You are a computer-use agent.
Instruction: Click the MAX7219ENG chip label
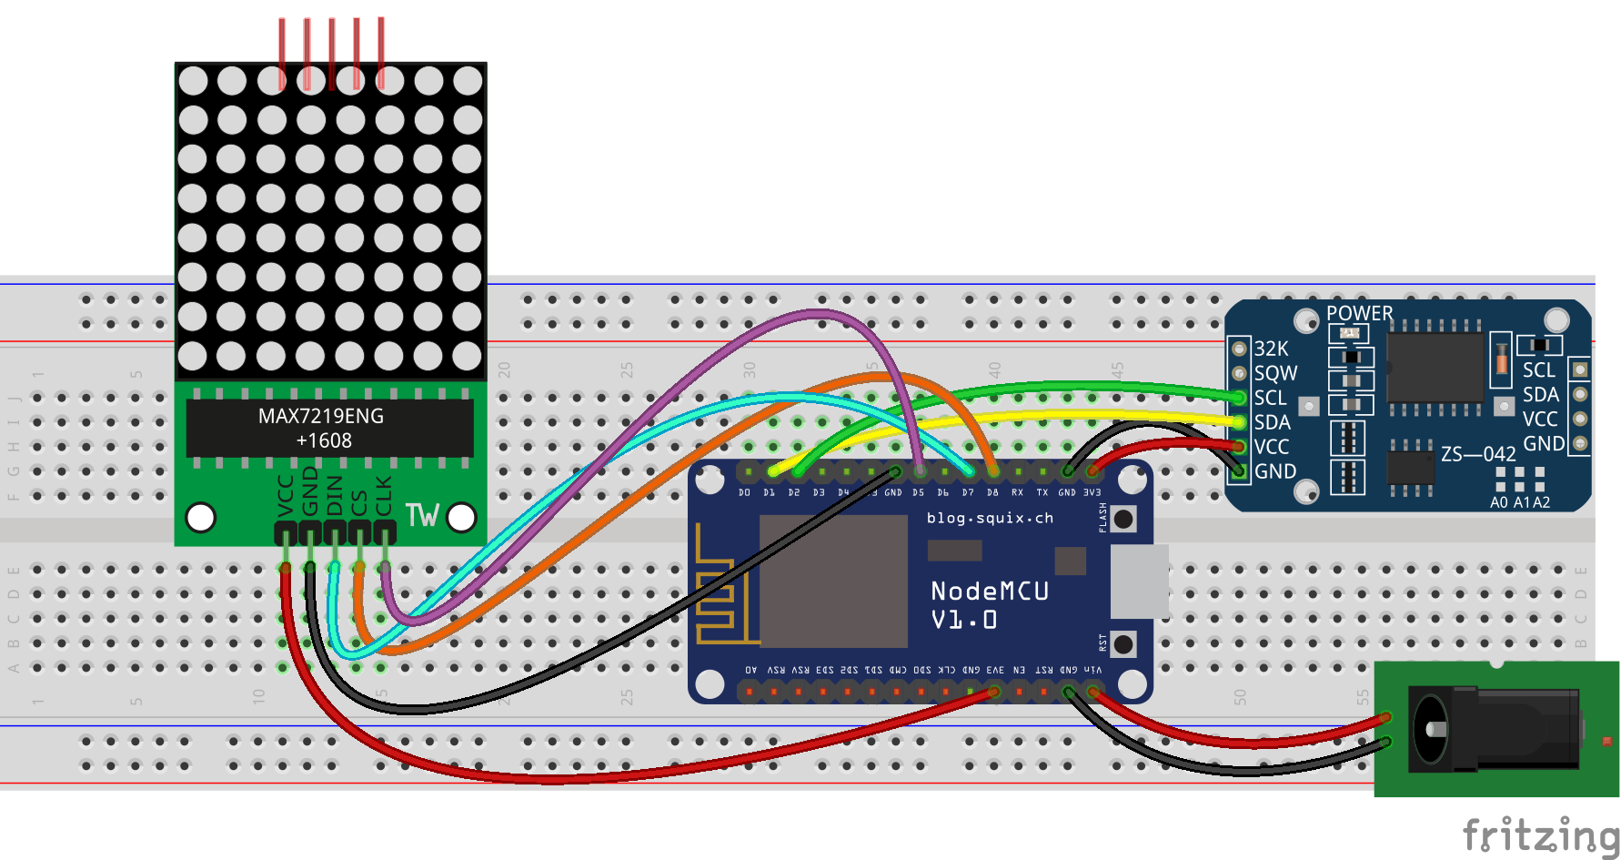pos(321,416)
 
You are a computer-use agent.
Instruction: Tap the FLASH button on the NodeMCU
pos(1123,519)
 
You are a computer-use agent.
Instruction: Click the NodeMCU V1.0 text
pos(990,605)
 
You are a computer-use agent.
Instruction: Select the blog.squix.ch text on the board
pos(990,518)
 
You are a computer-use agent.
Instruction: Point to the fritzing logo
pos(1539,835)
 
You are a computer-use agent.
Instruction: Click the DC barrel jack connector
pos(1492,728)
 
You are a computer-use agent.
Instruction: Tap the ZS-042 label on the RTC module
pos(1478,453)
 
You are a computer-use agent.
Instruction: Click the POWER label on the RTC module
pos(1359,313)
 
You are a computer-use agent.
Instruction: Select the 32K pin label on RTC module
pos(1271,349)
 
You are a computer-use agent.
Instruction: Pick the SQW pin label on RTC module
pos(1275,373)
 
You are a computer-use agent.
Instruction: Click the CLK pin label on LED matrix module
pos(384,495)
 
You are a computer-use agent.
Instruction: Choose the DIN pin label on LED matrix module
pos(335,495)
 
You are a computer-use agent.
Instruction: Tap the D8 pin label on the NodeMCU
pos(992,492)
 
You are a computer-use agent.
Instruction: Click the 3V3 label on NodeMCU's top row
pos(1092,492)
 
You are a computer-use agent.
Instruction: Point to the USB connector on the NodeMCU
pos(1139,582)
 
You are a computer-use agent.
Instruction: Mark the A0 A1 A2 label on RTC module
pos(1519,502)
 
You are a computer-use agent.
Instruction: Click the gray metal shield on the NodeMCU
pos(832,580)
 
